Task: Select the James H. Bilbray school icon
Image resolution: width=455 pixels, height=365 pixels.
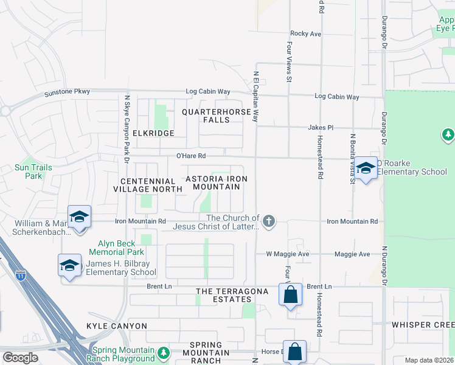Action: pos(70,265)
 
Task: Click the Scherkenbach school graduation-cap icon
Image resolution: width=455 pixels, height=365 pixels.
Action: pos(80,217)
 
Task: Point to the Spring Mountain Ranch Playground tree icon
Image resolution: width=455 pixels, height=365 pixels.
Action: pos(163,353)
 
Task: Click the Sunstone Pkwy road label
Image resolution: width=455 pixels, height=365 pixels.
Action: pos(67,92)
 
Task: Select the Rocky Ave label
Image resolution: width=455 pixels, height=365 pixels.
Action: pos(305,33)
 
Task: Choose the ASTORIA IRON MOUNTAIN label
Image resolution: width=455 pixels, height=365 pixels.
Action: pos(216,182)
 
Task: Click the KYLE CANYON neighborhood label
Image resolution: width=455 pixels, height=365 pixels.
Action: pos(117,326)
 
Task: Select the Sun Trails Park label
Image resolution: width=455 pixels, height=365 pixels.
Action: pos(29,172)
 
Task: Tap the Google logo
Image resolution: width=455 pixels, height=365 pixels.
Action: pos(20,358)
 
